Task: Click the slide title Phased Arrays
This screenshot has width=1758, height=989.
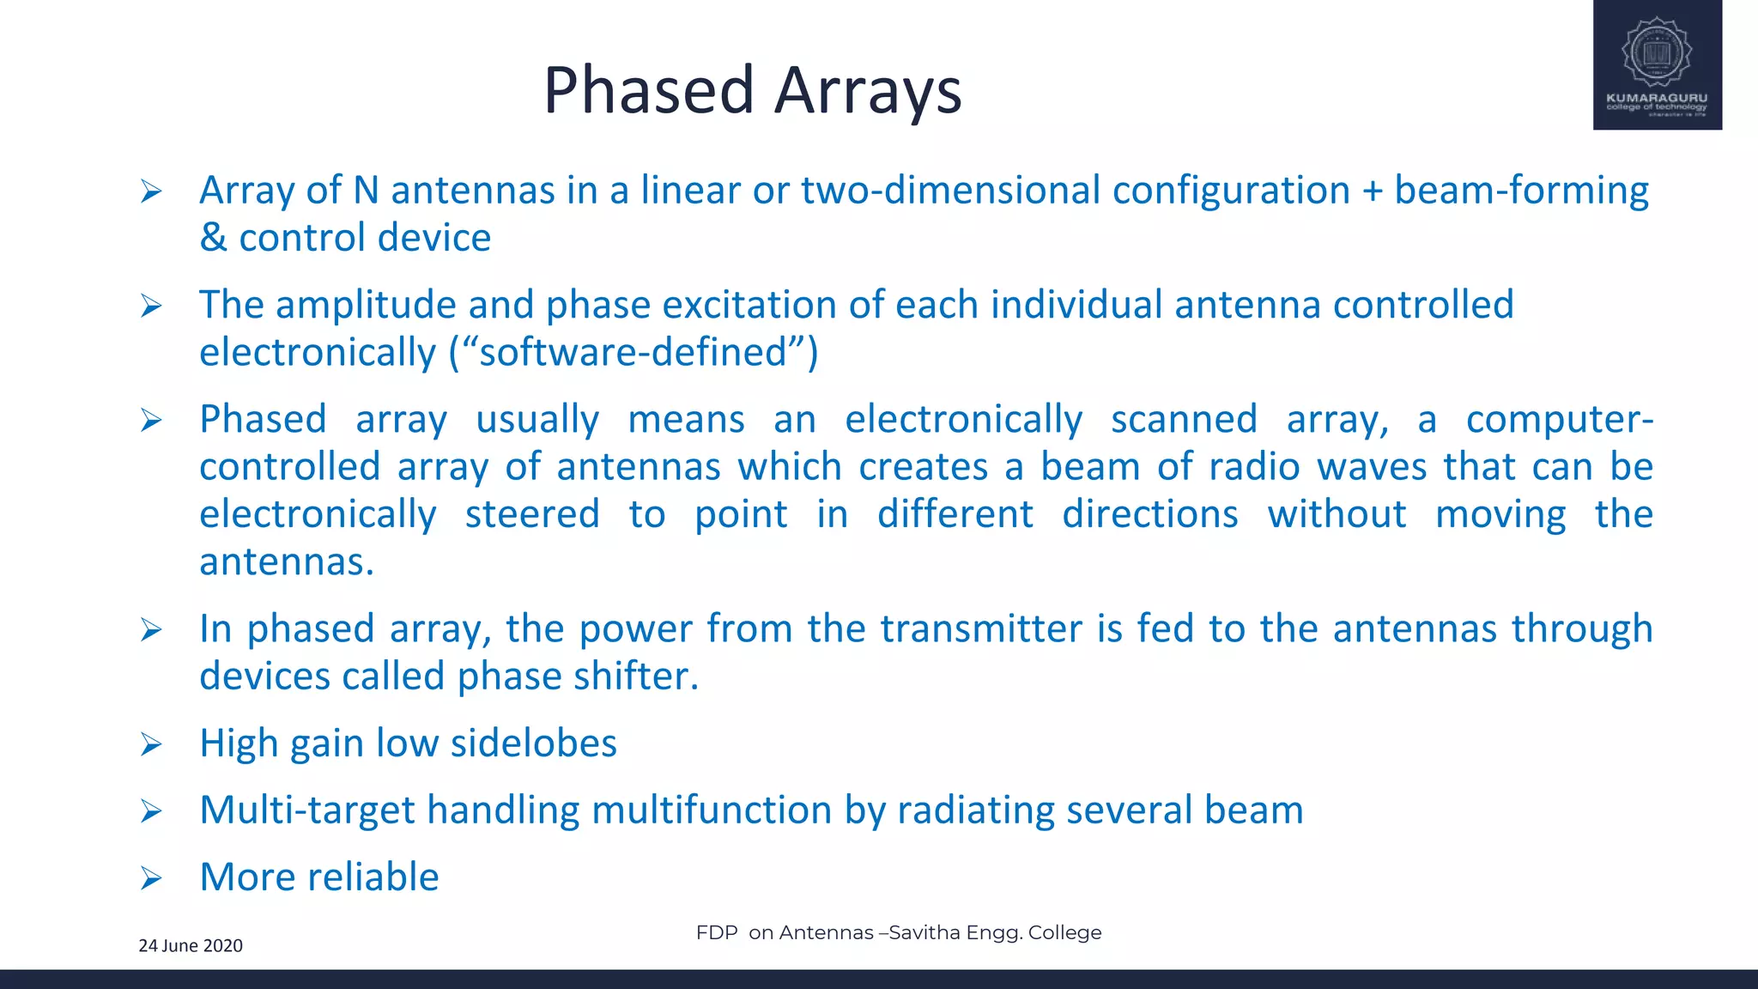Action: [753, 90]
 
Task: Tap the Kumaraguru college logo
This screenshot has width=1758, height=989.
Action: [1657, 65]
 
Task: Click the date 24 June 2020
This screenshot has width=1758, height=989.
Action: [191, 945]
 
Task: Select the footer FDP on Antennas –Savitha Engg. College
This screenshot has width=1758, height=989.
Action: [899, 932]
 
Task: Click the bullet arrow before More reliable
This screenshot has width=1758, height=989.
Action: [151, 878]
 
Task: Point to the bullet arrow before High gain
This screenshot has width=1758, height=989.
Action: [151, 744]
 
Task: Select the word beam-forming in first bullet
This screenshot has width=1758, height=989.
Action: [1521, 191]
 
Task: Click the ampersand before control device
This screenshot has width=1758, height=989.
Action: [213, 238]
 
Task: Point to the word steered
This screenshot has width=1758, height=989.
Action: [532, 515]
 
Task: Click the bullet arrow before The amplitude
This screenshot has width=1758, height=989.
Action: [151, 306]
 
